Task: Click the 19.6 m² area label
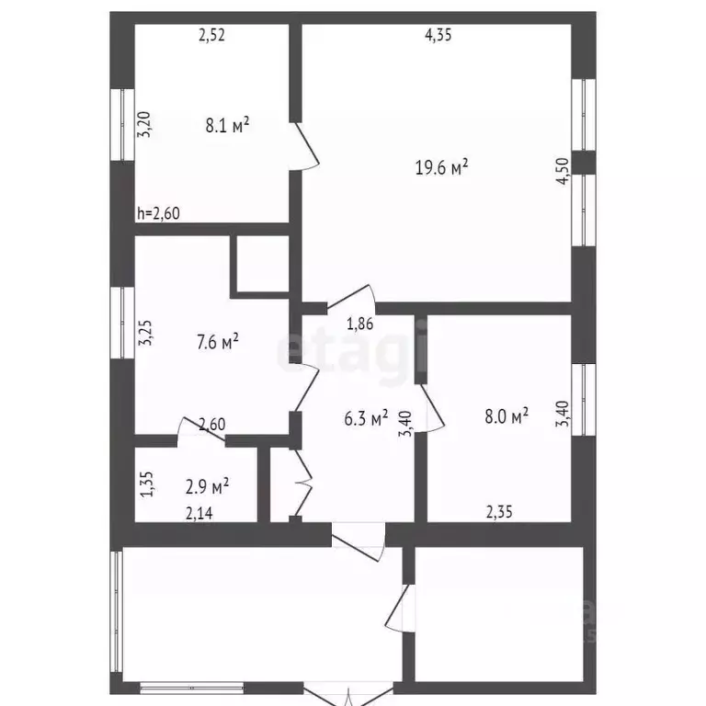[442, 166]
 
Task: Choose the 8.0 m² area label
[505, 417]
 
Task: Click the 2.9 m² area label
[207, 484]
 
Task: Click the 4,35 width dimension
[438, 36]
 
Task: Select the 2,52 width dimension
[211, 36]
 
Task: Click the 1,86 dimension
[359, 323]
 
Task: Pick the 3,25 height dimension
[144, 332]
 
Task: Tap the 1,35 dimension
[145, 484]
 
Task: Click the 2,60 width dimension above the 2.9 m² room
[211, 425]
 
